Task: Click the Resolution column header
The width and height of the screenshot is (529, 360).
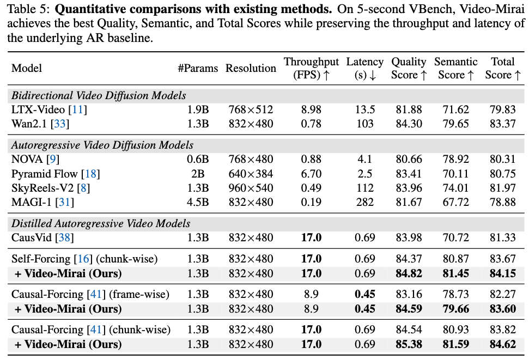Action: point(251,68)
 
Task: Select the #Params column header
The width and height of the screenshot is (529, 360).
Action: point(198,68)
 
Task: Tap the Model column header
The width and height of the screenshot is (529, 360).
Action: point(27,68)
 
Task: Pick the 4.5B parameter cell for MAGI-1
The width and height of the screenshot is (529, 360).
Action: point(198,202)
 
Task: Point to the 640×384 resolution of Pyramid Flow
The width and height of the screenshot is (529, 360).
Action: point(251,174)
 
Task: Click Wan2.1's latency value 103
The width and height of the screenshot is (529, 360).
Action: point(364,124)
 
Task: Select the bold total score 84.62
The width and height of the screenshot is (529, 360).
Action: point(503,344)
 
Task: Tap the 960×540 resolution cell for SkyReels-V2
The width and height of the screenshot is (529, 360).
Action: point(251,188)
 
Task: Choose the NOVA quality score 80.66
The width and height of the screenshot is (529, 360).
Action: point(409,159)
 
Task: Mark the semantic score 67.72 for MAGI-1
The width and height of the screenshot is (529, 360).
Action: point(455,202)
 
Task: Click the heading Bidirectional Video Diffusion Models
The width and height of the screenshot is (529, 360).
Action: point(99,95)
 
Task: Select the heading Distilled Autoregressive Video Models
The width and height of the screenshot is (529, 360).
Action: point(101,223)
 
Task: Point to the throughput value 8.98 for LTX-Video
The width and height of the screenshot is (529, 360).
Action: point(311,109)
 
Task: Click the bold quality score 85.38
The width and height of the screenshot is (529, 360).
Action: point(409,344)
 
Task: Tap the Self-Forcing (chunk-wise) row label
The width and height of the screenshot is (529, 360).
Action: point(84,259)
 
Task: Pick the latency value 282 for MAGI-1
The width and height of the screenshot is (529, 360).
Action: point(364,202)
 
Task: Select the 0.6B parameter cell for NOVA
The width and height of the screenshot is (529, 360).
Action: point(198,159)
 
